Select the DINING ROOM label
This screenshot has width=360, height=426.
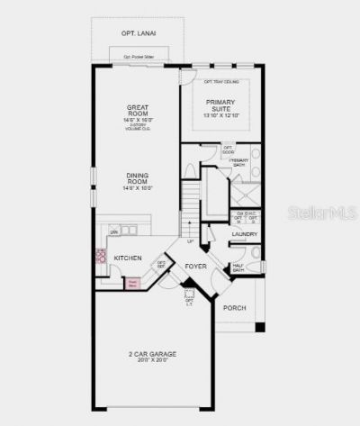pyautogui.click(x=137, y=178)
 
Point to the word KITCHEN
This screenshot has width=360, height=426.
pyautogui.click(x=128, y=258)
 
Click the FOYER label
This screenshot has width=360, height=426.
pyautogui.click(x=196, y=267)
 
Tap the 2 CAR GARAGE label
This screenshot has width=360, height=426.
pyautogui.click(x=151, y=354)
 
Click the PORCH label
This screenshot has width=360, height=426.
pyautogui.click(x=235, y=308)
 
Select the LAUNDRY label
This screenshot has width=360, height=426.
pyautogui.click(x=244, y=235)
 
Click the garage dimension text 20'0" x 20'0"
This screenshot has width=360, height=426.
pyautogui.click(x=151, y=361)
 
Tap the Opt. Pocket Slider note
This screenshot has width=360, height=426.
pyautogui.click(x=139, y=58)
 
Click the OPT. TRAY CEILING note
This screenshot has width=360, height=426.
pyautogui.click(x=220, y=82)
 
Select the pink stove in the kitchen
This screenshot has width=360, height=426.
pyautogui.click(x=101, y=256)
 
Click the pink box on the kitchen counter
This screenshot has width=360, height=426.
pyautogui.click(x=131, y=283)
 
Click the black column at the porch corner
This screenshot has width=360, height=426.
pyautogui.click(x=260, y=326)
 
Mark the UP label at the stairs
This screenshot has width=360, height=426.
pyautogui.click(x=190, y=241)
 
